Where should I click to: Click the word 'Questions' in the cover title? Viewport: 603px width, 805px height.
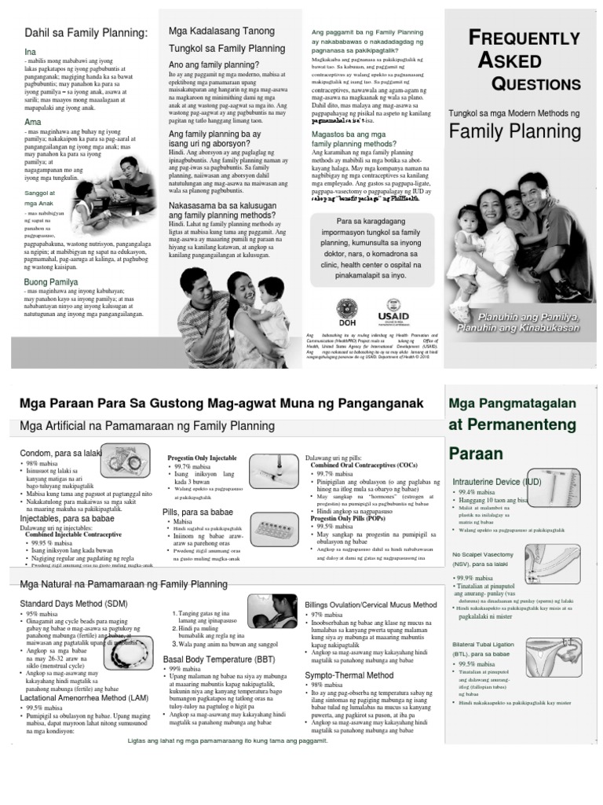[x=535, y=83]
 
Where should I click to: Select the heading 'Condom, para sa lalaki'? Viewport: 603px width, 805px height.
[x=61, y=453]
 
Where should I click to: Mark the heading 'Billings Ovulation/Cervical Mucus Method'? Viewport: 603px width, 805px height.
[x=371, y=605]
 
